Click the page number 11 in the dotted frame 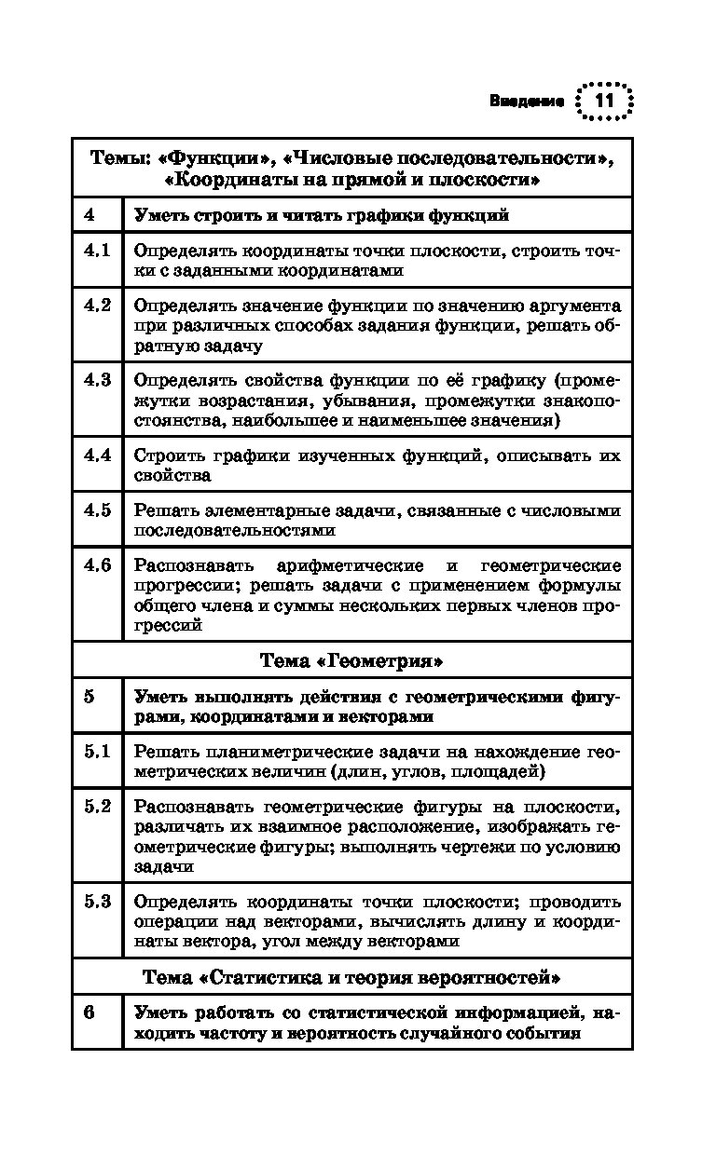[x=604, y=101]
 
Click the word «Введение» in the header [x=527, y=102]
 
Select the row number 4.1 [x=97, y=251]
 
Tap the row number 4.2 [x=97, y=306]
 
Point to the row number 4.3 [x=97, y=380]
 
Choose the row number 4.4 [x=97, y=455]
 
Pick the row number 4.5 [x=97, y=510]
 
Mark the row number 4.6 [x=97, y=565]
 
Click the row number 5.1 [x=97, y=751]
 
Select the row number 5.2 [x=97, y=807]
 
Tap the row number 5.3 [x=97, y=901]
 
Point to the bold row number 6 [x=89, y=1012]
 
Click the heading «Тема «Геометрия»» [x=351, y=661]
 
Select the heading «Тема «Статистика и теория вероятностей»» [x=351, y=978]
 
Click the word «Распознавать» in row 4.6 [x=186, y=566]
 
